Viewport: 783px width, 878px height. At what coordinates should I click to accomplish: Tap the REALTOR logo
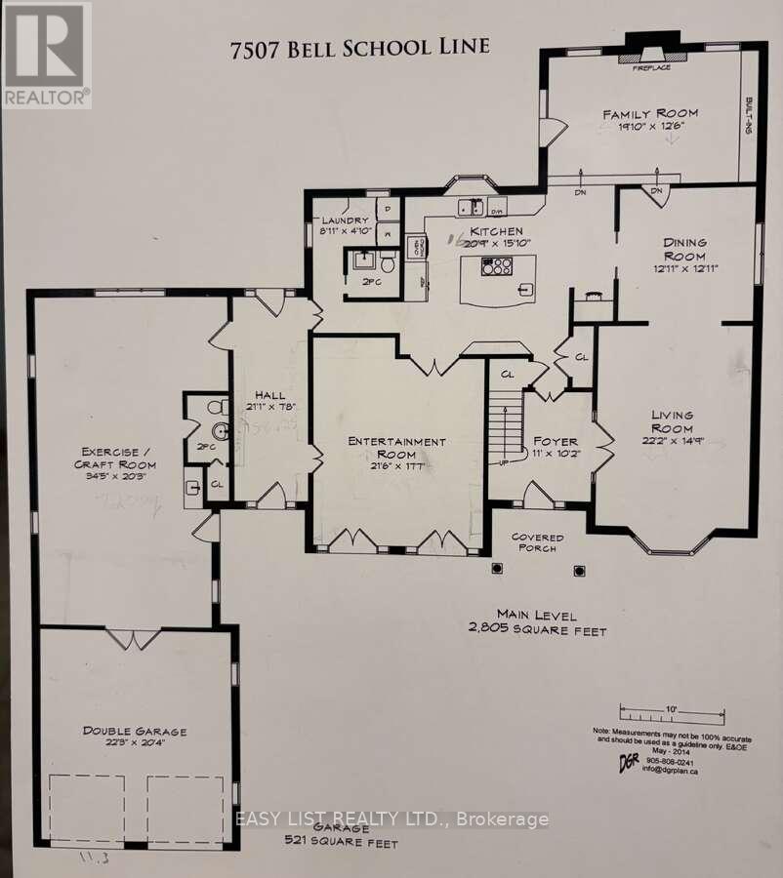pos(46,55)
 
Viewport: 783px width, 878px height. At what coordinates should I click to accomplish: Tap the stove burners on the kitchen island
pos(496,265)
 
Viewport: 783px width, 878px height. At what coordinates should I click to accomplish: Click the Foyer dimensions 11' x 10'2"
pos(556,454)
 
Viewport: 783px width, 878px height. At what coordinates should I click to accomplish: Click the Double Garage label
pos(135,731)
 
